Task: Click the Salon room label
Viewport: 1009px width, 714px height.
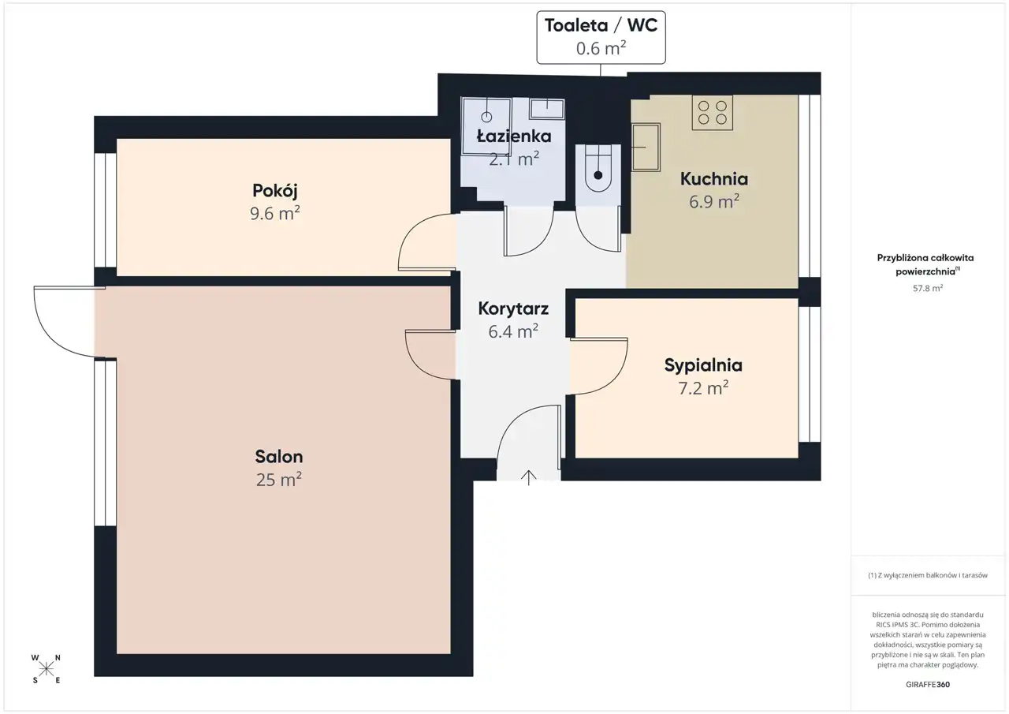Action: [x=279, y=457]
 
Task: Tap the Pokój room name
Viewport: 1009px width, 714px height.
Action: [x=275, y=191]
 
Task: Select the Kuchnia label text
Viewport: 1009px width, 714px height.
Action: [x=714, y=179]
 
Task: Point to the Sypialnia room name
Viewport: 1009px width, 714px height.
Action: [x=703, y=365]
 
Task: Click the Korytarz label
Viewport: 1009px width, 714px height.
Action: [x=513, y=308]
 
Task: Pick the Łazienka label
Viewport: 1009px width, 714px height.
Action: [x=514, y=136]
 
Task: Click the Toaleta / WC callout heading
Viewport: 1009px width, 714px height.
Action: [x=601, y=25]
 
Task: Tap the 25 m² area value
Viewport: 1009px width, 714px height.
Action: [x=279, y=480]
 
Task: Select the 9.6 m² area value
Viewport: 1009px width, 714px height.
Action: [x=275, y=213]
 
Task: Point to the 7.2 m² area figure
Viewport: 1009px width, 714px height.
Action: [x=703, y=388]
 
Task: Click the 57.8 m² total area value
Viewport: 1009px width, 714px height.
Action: [x=928, y=288]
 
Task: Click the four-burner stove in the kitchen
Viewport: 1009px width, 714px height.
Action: [x=712, y=113]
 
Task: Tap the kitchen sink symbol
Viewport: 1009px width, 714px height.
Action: [x=646, y=147]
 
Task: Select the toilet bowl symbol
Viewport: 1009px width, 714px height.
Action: [x=598, y=169]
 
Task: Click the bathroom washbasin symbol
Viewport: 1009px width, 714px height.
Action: [x=547, y=109]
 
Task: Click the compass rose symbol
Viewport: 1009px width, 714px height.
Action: [x=46, y=669]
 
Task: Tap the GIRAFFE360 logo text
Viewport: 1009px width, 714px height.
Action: [x=928, y=684]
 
